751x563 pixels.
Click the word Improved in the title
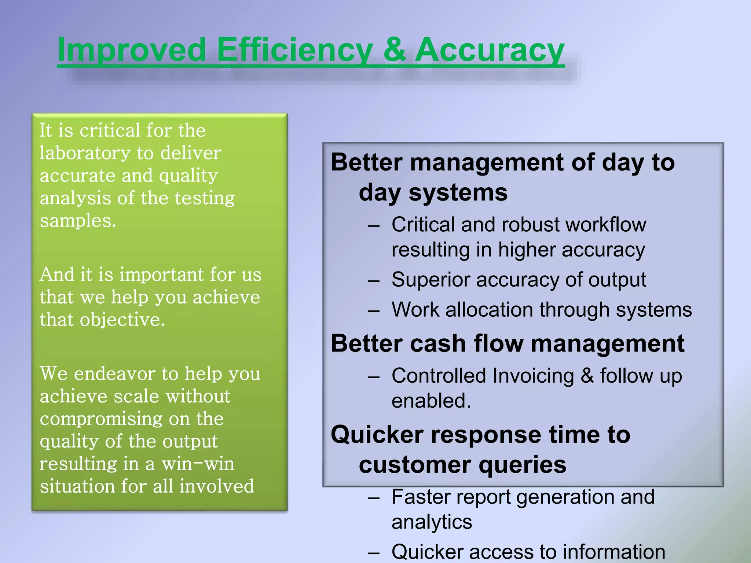pyautogui.click(x=132, y=50)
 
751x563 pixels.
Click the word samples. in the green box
pyautogui.click(x=78, y=221)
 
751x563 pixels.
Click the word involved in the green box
pyautogui.click(x=216, y=486)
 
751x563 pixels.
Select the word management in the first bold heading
pyautogui.click(x=487, y=162)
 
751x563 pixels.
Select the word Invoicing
pyautogui.click(x=533, y=376)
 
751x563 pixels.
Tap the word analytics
pyautogui.click(x=432, y=522)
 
